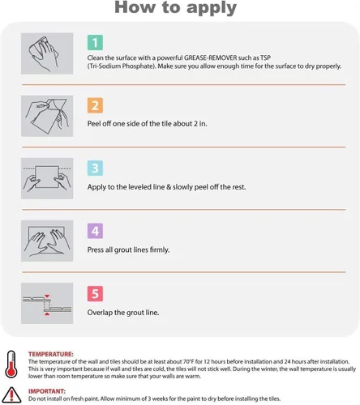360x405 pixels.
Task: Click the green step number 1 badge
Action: pyautogui.click(x=95, y=42)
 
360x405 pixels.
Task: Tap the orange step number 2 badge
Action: pyautogui.click(x=95, y=105)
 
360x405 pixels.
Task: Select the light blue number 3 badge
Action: pyautogui.click(x=95, y=168)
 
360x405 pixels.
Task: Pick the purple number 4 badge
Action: pyautogui.click(x=95, y=231)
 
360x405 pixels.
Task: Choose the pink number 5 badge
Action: pyautogui.click(x=95, y=293)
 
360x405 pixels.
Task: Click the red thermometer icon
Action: pyautogui.click(x=11, y=364)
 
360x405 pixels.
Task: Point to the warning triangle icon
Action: pyautogui.click(x=11, y=394)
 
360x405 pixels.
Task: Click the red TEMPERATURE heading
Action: pyautogui.click(x=51, y=354)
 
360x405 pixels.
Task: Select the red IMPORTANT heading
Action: pyautogui.click(x=47, y=391)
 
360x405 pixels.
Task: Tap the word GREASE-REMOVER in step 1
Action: pyautogui.click(x=211, y=58)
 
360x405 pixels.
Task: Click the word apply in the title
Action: pyautogui.click(x=212, y=8)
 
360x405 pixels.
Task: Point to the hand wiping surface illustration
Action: pyautogui.click(x=47, y=53)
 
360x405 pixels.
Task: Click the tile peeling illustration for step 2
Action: pyautogui.click(x=47, y=116)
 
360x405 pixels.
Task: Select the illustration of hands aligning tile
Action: pyautogui.click(x=47, y=178)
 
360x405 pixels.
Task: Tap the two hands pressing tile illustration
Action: pyautogui.click(x=47, y=241)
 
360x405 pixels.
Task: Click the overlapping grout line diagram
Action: pyautogui.click(x=47, y=303)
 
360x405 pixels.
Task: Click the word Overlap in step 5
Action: pyautogui.click(x=100, y=313)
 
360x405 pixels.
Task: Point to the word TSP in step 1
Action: pyautogui.click(x=265, y=58)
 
